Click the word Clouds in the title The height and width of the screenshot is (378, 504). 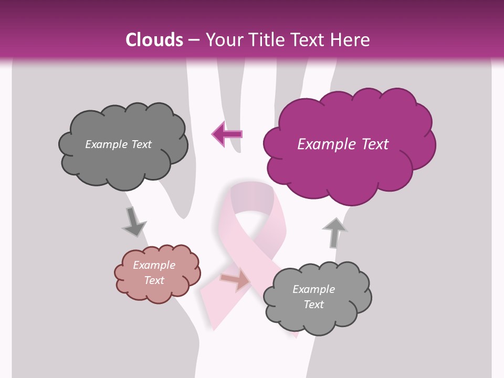click(154, 40)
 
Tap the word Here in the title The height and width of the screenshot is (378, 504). click(350, 40)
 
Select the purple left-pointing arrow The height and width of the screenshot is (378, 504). click(227, 134)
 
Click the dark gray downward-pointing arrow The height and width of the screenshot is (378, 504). click(133, 222)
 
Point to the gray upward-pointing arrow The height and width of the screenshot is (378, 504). click(334, 232)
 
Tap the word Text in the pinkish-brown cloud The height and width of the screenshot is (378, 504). click(154, 280)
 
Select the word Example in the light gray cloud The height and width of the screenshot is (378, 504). click(313, 289)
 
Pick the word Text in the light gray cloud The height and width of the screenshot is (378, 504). click(313, 304)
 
